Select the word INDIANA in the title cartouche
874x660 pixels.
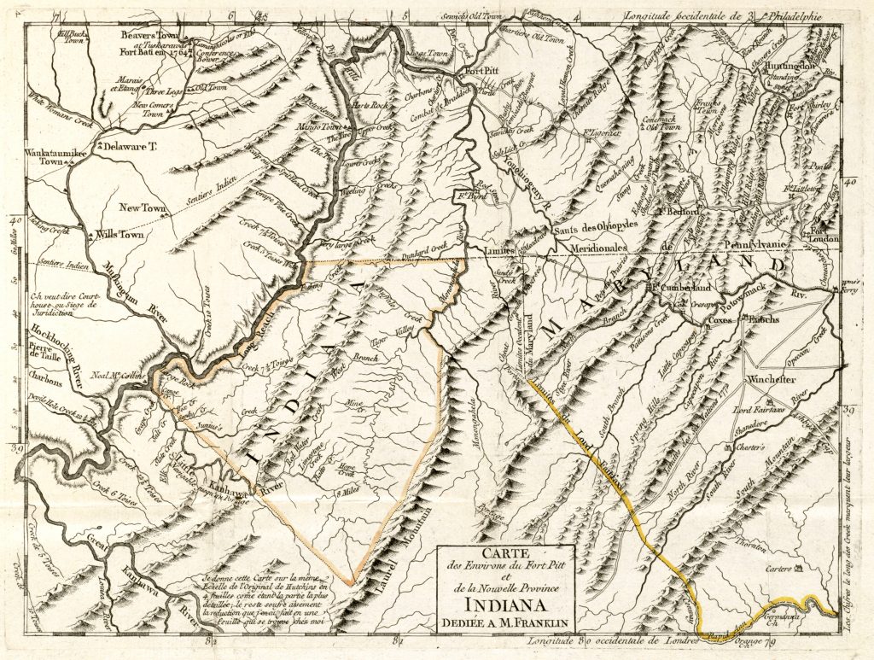(505, 611)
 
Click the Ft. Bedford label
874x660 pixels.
(678, 210)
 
